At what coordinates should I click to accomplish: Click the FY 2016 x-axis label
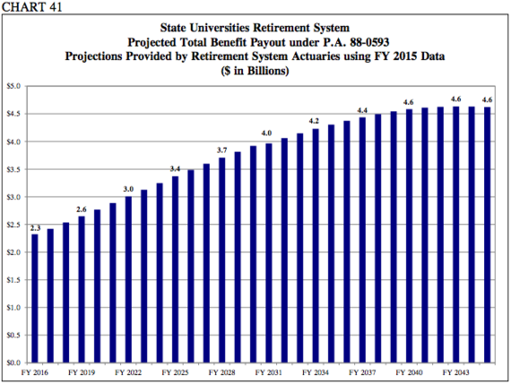(x=34, y=371)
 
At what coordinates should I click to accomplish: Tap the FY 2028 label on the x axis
(x=221, y=371)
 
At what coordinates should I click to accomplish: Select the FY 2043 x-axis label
(x=456, y=371)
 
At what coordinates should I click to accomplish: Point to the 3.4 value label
(x=175, y=169)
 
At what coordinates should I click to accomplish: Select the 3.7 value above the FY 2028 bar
(x=221, y=150)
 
